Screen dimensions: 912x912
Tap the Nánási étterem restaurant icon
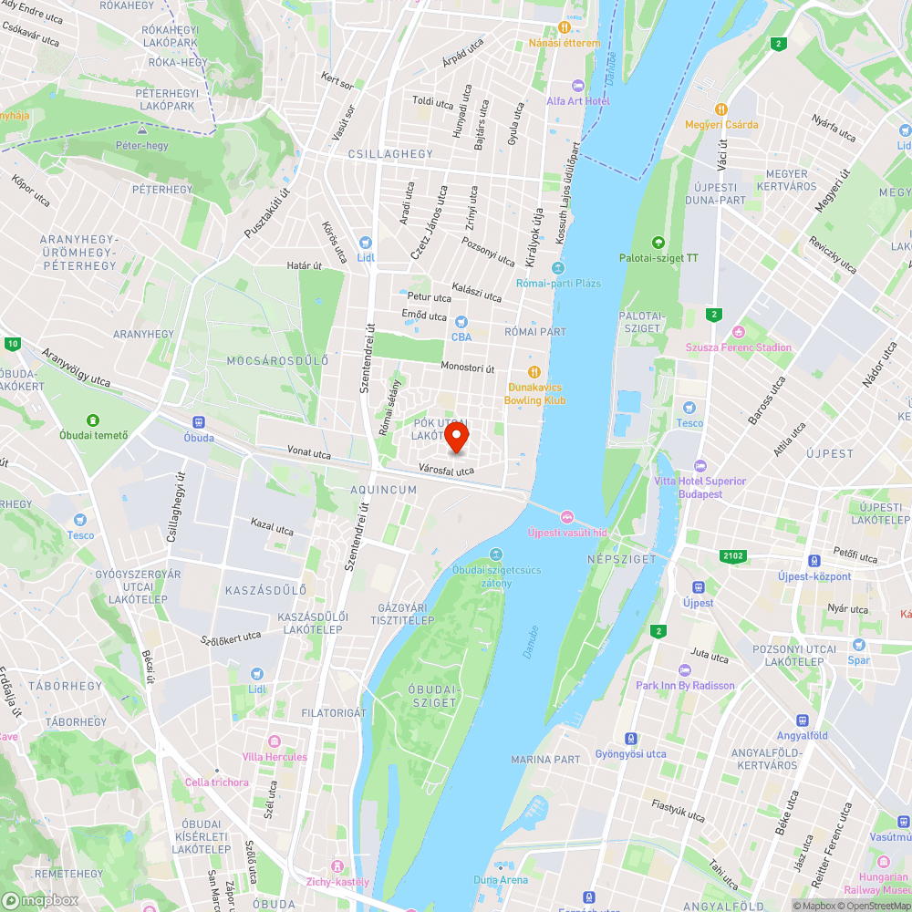565,27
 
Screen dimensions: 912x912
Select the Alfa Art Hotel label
578,100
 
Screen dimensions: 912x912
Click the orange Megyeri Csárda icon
722,109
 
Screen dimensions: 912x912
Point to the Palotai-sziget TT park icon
658,243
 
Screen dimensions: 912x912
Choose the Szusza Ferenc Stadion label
739,347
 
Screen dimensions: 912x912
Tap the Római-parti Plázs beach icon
557,268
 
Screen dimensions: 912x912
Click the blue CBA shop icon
461,321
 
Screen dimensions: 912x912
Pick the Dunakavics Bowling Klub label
536,393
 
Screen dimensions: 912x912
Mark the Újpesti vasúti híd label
567,532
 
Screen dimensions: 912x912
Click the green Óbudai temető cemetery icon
93,420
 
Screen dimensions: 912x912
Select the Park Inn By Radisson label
685,685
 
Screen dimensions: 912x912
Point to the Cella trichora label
216,782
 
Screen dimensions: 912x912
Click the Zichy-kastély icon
338,865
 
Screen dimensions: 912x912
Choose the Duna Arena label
501,880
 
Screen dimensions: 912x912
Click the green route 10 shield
12,344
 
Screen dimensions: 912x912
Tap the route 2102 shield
732,555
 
